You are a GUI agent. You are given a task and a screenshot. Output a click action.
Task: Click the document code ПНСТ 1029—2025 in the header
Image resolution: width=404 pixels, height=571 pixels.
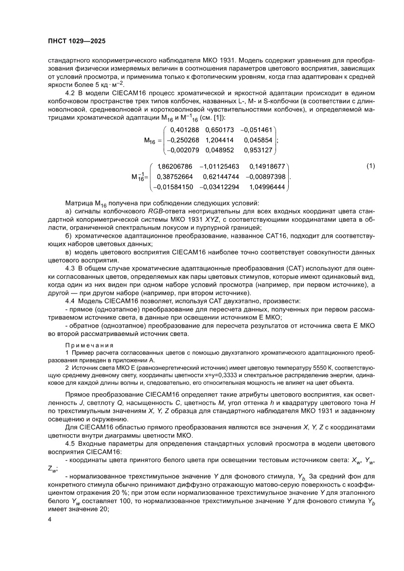tap(76, 42)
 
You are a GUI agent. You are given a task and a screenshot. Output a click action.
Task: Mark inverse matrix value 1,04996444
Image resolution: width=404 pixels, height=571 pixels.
tap(266, 187)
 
